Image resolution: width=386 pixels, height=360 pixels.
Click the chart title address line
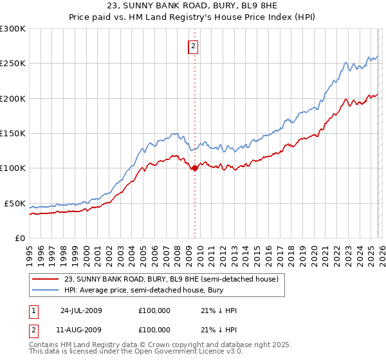click(193, 6)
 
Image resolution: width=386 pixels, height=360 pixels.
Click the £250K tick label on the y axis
click(13, 64)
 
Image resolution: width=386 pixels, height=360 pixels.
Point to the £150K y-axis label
click(13, 133)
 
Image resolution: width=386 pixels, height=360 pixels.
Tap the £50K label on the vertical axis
click(15, 203)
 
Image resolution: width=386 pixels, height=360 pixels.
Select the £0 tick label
click(20, 238)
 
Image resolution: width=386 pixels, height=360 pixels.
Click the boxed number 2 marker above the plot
click(193, 46)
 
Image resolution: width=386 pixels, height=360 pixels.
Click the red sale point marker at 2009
click(194, 168)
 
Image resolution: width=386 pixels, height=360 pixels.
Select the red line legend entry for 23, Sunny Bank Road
click(171, 279)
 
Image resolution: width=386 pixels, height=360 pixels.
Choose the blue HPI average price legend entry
click(152, 291)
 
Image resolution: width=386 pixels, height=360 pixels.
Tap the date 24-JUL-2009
click(81, 310)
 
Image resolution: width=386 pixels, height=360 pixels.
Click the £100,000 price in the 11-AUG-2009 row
click(154, 330)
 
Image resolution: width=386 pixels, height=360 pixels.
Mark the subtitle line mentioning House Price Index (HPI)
click(193, 18)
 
